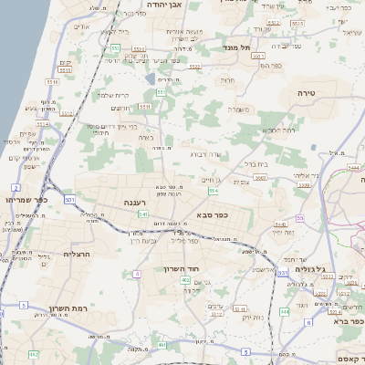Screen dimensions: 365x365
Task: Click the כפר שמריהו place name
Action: (22, 198)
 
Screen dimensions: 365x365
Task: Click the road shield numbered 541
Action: (142, 214)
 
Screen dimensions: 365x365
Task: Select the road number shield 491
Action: (162, 345)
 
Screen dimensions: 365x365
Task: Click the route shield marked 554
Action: (212, 190)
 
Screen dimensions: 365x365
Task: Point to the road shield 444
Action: (285, 311)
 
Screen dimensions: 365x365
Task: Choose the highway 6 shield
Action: (309, 322)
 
